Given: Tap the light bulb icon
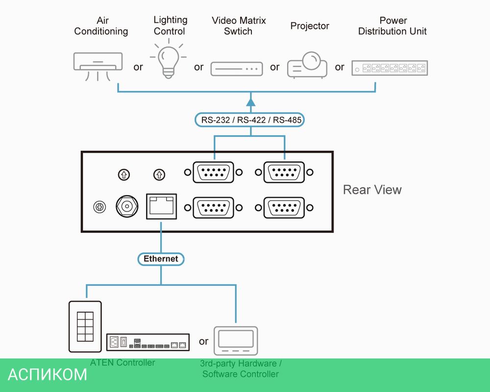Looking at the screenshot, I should coord(168,61).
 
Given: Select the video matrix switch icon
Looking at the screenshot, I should coord(237,69).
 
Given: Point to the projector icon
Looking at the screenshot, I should coord(307,65).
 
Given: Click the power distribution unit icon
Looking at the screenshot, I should coord(390,68).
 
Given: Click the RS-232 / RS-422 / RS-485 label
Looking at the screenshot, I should coord(251,119).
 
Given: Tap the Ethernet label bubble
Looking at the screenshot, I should coord(161,258).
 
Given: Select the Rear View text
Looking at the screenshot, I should coord(372,190).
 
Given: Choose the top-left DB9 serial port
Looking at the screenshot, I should coord(213,172).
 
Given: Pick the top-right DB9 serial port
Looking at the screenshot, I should coord(284,172).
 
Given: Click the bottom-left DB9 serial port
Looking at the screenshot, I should coord(213,208).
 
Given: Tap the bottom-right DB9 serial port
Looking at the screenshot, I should coord(284,208).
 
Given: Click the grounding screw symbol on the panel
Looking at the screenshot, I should coord(99,207).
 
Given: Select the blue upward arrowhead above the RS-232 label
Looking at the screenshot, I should coord(251,101).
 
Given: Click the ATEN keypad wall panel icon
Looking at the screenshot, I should coord(85,326).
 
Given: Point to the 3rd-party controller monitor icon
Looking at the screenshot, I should coord(236,340).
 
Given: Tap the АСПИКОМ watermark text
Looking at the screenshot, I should coord(48,375).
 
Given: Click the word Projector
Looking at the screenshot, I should coord(310,26).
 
